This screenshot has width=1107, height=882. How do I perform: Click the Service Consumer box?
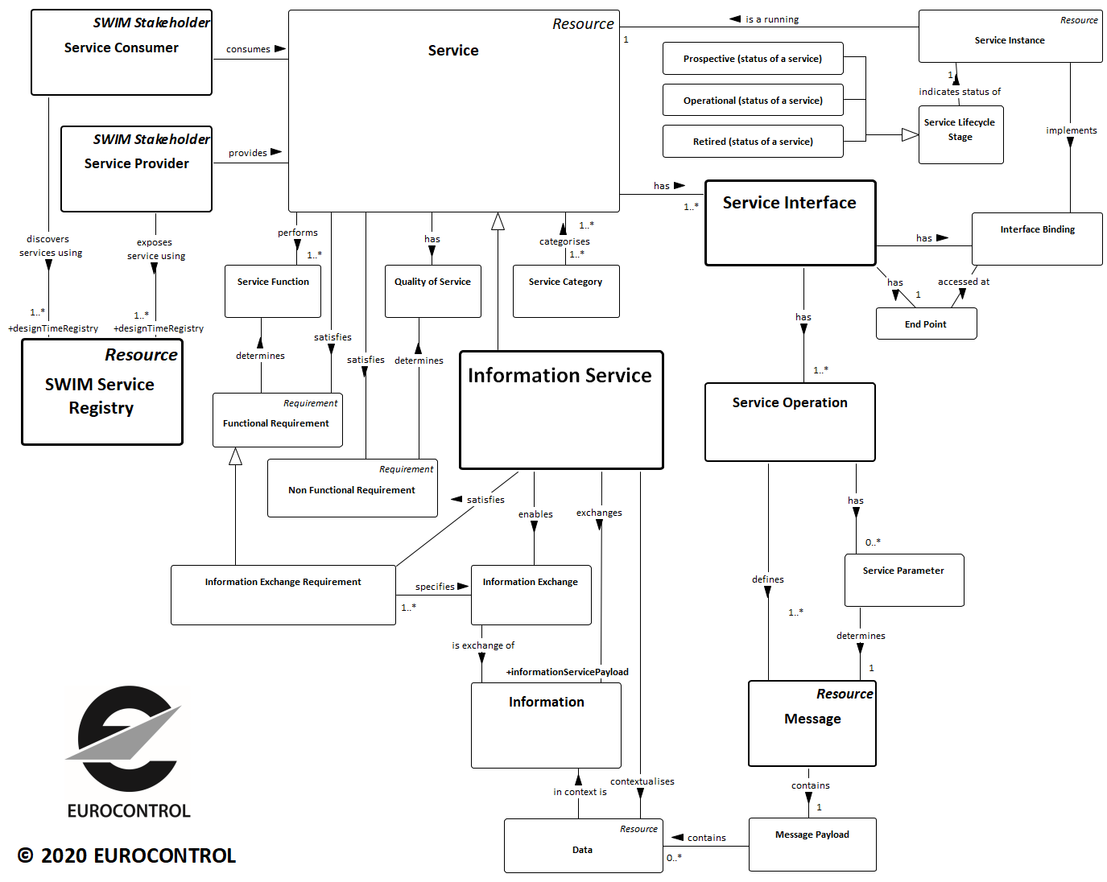[x=122, y=52]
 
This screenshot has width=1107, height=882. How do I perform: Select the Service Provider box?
[x=136, y=169]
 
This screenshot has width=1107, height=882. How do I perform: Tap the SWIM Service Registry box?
[x=102, y=392]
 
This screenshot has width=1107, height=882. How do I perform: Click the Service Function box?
[x=273, y=291]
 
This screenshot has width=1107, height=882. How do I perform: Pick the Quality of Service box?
[x=432, y=291]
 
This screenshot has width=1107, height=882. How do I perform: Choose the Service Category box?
[x=566, y=291]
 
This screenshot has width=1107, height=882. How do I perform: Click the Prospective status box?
[x=753, y=59]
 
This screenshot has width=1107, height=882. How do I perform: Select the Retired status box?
[x=753, y=142]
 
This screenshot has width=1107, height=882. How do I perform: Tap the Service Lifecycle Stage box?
[x=960, y=134]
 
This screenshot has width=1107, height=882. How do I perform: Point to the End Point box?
[x=926, y=324]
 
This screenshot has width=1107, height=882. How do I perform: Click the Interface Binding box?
[x=1037, y=238]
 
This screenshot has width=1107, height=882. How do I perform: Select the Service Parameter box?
[x=903, y=579]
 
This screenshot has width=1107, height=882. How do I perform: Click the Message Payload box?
[x=812, y=844]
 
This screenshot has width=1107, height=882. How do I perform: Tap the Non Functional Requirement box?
[x=352, y=488]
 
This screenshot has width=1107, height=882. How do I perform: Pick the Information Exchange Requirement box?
[x=283, y=594]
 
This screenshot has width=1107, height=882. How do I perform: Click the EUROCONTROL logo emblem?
[x=127, y=738]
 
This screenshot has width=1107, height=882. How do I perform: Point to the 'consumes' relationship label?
[x=248, y=49]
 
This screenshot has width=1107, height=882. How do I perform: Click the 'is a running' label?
[x=771, y=19]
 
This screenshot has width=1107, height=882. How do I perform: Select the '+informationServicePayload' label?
[x=567, y=672]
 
